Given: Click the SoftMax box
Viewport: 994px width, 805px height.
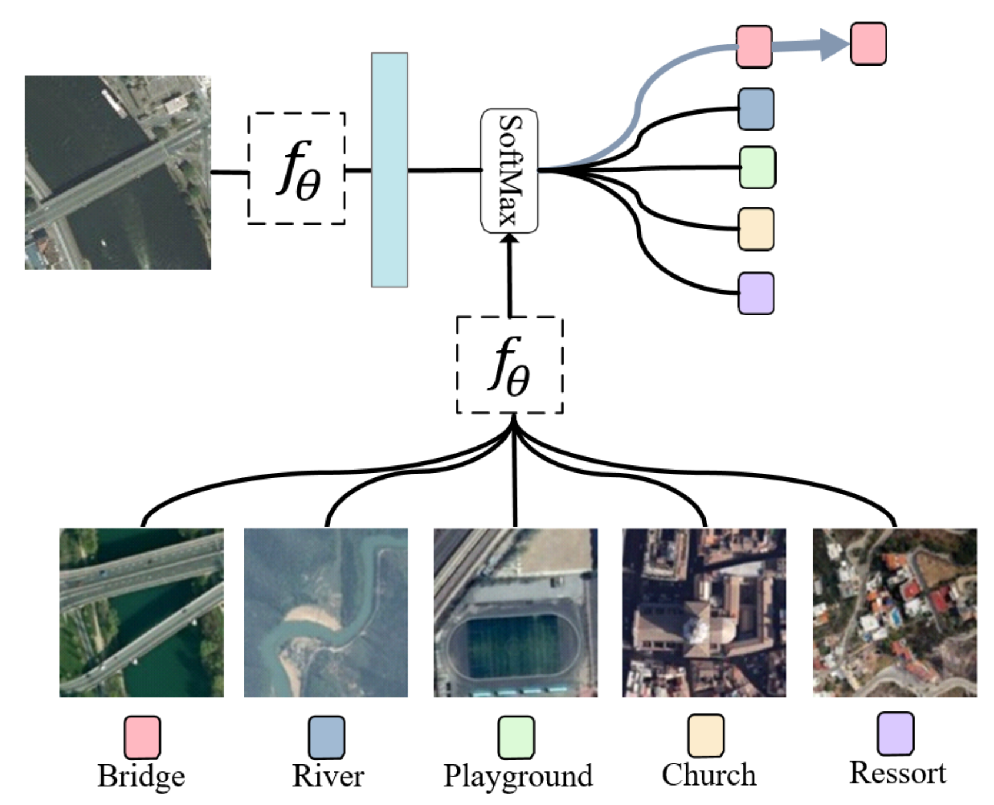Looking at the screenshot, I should click(509, 171).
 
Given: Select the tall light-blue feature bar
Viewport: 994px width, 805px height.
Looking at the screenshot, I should click(389, 169).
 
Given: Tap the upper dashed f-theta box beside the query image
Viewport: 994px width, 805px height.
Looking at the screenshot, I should click(296, 168).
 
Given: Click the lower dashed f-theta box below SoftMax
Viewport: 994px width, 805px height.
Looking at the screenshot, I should click(510, 365).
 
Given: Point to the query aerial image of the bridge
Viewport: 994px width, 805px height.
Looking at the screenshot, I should click(118, 172).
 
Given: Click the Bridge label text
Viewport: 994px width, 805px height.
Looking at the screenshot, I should click(141, 776).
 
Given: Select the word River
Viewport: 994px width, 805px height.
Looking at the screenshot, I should click(328, 776).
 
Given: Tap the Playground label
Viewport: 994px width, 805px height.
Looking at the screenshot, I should click(517, 776).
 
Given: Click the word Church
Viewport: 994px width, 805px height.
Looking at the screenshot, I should click(709, 774).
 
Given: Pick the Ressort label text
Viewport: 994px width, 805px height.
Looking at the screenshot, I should click(897, 773).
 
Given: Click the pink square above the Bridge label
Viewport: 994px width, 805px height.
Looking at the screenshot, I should click(142, 737).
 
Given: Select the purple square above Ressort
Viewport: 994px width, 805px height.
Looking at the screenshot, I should click(896, 733).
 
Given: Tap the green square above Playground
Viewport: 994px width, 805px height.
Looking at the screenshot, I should click(516, 737).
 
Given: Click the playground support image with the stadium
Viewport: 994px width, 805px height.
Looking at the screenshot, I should click(516, 613).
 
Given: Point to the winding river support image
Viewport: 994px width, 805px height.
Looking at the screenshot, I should click(326, 613).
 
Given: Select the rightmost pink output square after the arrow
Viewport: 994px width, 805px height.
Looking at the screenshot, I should click(868, 44).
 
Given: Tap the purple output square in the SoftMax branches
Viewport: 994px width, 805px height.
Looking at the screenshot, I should click(756, 293).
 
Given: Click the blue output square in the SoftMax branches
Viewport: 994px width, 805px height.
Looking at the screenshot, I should click(756, 109).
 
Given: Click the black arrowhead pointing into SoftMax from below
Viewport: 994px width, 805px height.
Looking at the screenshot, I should click(510, 238).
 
